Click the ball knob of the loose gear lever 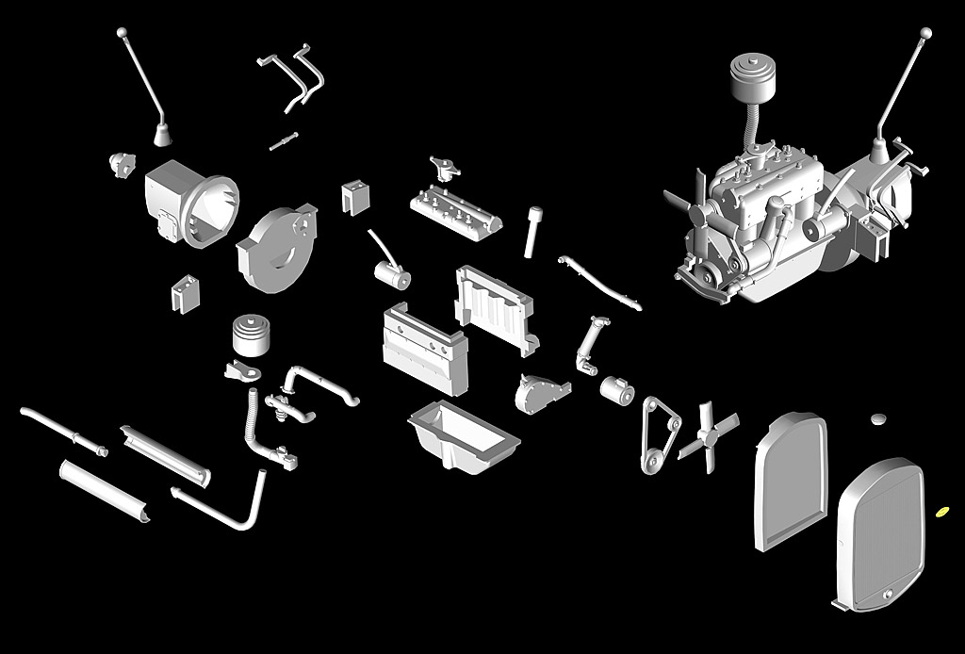tap(122, 32)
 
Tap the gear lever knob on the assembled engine tap(926, 33)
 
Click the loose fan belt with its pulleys tap(660, 433)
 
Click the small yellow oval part tap(941, 512)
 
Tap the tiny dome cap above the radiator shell tap(880, 417)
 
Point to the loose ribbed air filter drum tap(252, 335)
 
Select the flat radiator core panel tap(791, 481)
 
